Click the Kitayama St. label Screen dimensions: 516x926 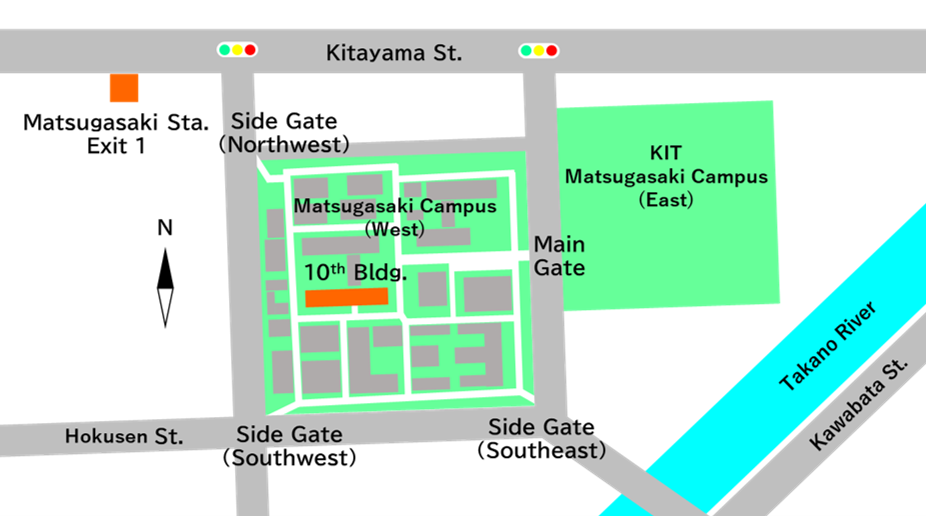point(394,53)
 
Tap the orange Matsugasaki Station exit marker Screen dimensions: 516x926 point(124,88)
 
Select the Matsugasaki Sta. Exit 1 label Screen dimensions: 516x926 point(116,134)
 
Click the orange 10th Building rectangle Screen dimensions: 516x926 point(346,297)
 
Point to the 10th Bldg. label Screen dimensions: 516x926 point(356,271)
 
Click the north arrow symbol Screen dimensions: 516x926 point(166,288)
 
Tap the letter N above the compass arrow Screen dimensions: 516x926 point(165,228)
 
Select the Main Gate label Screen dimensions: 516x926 point(559,256)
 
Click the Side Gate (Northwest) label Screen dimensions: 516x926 point(284,132)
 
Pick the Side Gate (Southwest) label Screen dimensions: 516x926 point(289,446)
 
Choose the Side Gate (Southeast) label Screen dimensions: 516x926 point(541,439)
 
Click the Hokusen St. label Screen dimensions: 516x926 point(124,436)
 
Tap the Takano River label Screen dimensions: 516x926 point(828,346)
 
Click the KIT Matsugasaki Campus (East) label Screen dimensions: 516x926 point(666,176)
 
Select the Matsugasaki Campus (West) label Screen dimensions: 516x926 point(394,217)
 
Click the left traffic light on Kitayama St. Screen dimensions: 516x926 point(237,49)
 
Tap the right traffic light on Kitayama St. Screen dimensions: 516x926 point(538,50)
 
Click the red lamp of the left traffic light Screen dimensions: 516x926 point(250,49)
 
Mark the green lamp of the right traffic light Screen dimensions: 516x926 point(525,50)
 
